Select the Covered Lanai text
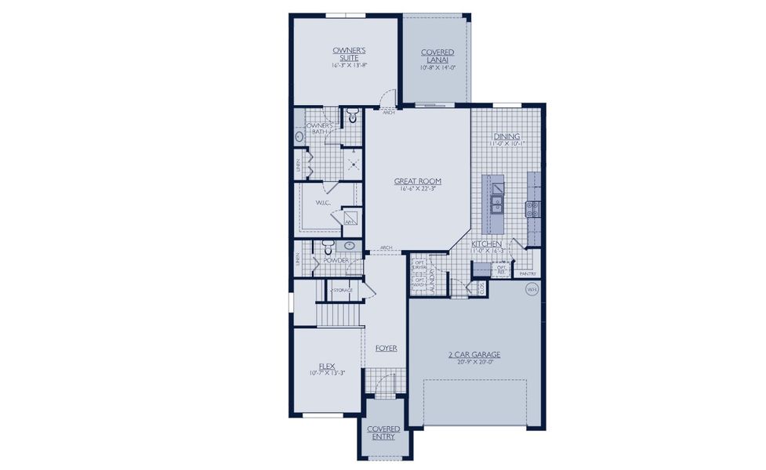click(437, 56)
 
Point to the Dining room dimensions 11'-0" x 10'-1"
click(506, 144)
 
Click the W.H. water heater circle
click(532, 288)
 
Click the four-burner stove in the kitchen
click(532, 208)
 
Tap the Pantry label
click(528, 273)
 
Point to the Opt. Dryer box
click(419, 266)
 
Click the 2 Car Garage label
click(474, 355)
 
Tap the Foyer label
click(386, 348)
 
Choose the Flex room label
click(327, 366)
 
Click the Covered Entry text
click(383, 432)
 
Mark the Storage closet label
click(343, 290)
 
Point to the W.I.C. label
click(323, 203)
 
